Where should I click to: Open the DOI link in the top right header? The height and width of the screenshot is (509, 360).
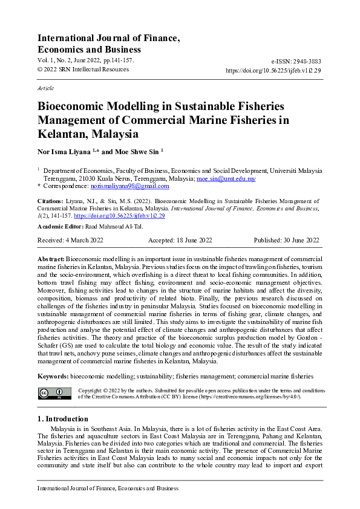273,70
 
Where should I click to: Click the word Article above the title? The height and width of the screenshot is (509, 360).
45,88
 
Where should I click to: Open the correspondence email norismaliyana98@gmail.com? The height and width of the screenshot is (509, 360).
118,186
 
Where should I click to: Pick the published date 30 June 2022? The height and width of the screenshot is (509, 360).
303,241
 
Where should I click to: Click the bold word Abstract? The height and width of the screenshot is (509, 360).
51,258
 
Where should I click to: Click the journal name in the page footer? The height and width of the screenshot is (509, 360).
108,488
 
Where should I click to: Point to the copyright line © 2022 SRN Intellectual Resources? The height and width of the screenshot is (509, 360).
83,70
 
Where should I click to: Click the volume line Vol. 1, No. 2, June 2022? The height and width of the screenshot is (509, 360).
85,61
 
